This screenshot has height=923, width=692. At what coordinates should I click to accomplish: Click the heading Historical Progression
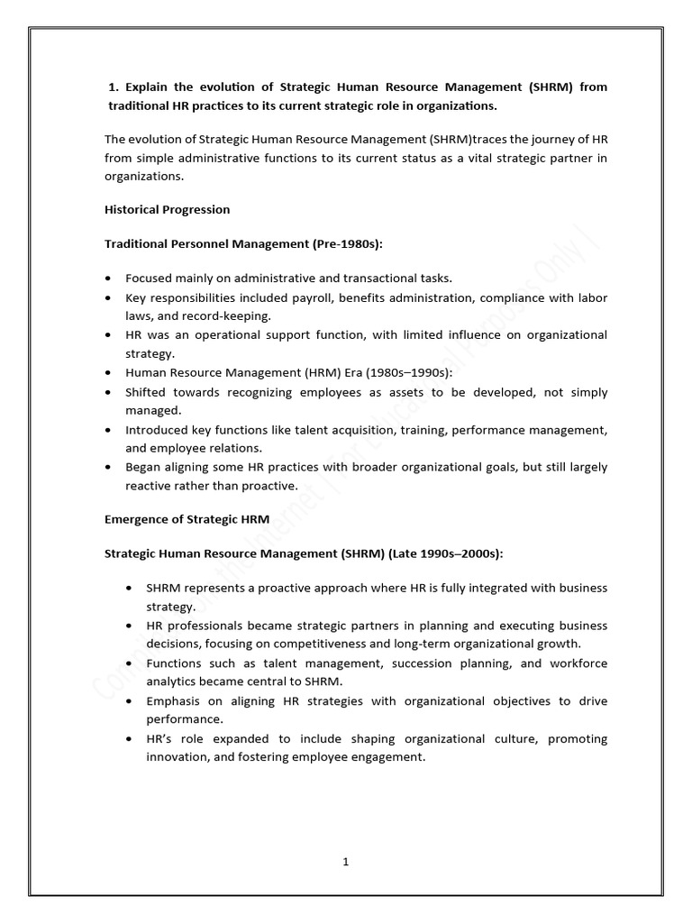click(x=168, y=209)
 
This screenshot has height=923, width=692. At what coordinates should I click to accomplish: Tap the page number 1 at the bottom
click(x=345, y=861)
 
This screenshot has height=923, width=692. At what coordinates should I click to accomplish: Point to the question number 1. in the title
click(x=113, y=87)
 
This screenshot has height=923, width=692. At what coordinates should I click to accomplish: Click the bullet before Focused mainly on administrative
click(x=109, y=279)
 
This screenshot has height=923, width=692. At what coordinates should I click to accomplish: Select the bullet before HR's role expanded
click(x=131, y=739)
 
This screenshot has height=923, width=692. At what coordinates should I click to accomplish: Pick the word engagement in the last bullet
click(x=387, y=756)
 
